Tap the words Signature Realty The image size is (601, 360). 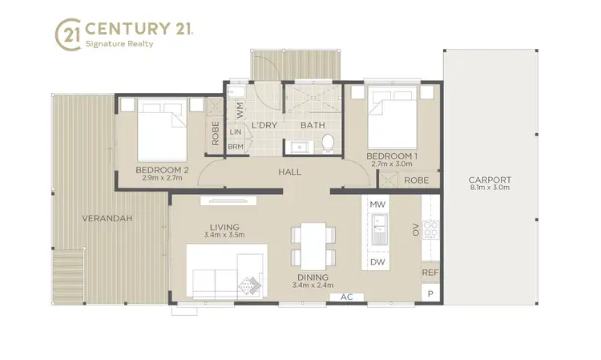119,45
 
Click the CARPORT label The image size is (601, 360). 490,180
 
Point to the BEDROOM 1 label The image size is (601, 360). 392,155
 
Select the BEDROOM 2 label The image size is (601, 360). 162,170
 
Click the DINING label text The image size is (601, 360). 311,277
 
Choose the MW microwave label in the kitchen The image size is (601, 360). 377,205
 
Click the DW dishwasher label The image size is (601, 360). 377,261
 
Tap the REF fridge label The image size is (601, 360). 430,273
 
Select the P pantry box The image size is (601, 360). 430,294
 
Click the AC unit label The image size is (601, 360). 347,297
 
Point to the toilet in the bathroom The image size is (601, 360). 326,144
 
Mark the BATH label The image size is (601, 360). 312,126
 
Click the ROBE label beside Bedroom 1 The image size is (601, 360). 416,180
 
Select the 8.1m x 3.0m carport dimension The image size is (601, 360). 490,188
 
